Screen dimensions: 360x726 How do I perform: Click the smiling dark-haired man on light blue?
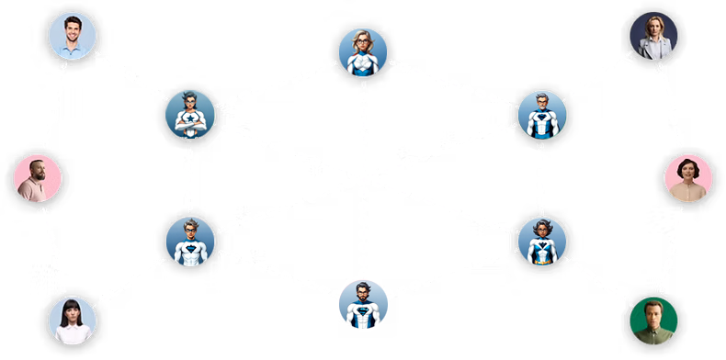[x=72, y=37]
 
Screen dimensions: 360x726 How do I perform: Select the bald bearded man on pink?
[x=38, y=178]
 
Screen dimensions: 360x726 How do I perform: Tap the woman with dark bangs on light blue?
[x=72, y=320]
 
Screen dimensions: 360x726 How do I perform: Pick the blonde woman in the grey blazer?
[x=653, y=37]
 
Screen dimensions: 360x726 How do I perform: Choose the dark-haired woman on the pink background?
[x=687, y=178]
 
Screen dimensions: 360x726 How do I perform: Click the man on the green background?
[x=653, y=320]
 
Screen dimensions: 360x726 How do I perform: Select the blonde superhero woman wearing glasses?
[x=363, y=51]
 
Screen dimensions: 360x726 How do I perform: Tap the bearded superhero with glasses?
[x=363, y=305]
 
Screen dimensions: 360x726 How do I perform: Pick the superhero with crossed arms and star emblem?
[x=190, y=116]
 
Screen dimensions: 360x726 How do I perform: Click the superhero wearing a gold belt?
[x=541, y=241]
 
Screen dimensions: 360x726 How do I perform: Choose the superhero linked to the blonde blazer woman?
[x=541, y=116]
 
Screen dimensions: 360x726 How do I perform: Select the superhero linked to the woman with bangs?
[x=190, y=241]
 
